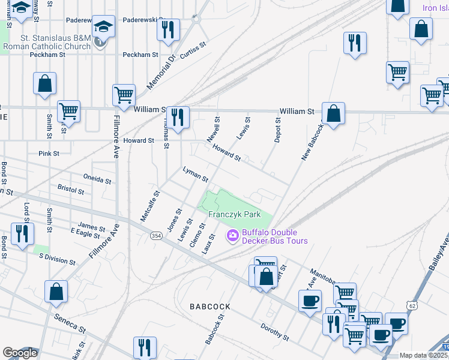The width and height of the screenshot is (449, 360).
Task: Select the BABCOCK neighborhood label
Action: click(210, 306)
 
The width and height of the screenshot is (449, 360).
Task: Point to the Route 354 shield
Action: click(156, 236)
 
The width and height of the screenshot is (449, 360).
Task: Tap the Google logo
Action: click(19, 353)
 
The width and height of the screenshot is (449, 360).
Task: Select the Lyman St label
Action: click(195, 175)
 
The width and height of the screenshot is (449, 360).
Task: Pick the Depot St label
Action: click(277, 130)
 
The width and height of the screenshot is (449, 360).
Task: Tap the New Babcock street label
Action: click(313, 142)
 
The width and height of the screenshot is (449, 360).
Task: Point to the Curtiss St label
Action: click(193, 47)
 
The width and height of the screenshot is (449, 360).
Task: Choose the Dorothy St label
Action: click(275, 331)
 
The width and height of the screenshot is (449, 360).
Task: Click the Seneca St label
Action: click(68, 324)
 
